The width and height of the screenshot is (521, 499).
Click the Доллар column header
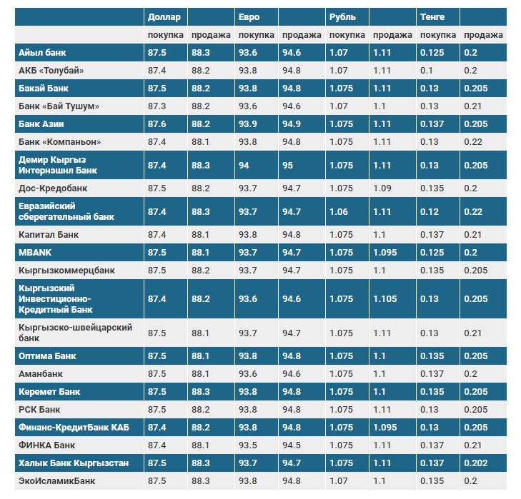click(x=164, y=16)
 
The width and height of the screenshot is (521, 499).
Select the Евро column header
click(x=248, y=16)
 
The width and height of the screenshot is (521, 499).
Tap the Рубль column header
click(x=342, y=16)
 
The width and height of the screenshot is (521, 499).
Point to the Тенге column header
click(x=433, y=16)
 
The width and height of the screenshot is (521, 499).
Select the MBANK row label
click(x=35, y=253)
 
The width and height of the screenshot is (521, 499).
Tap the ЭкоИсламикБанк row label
click(x=56, y=481)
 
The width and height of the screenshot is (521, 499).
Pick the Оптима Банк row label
click(x=47, y=356)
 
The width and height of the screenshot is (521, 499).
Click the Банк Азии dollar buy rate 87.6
click(x=157, y=124)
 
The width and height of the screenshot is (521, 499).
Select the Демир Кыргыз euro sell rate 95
click(x=288, y=165)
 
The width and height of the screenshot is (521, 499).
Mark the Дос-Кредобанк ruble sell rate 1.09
click(x=382, y=188)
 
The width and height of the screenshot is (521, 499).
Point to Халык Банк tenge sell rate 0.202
click(x=476, y=463)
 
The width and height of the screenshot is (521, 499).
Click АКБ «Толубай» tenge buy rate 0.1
click(x=427, y=71)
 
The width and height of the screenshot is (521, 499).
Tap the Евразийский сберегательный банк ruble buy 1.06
click(x=339, y=212)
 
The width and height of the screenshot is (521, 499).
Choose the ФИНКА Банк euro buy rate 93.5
click(x=248, y=445)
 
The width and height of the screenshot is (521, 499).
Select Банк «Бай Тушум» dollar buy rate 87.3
click(x=157, y=106)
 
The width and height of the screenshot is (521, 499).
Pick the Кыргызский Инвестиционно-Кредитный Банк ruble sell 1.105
click(x=384, y=299)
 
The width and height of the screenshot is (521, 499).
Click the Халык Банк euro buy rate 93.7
click(x=248, y=463)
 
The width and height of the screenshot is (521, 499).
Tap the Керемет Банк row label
click(x=49, y=392)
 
